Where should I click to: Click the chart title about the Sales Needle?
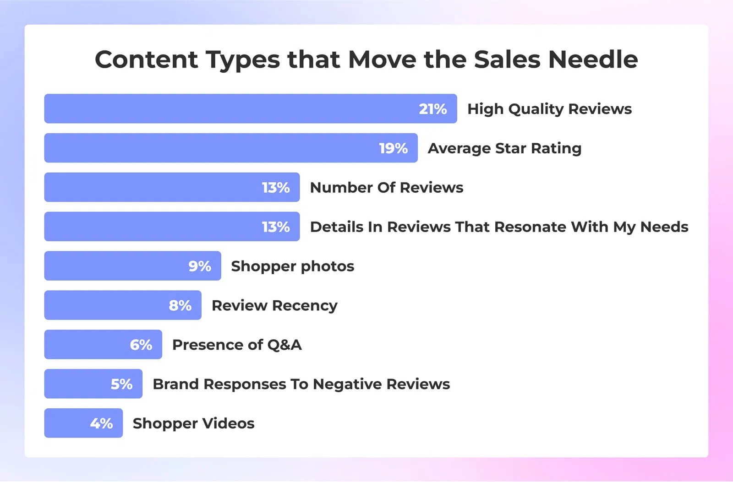click(366, 60)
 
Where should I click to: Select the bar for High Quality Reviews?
click(251, 108)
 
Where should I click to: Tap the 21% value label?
click(432, 109)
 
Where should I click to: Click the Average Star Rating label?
click(504, 148)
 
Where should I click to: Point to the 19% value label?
click(394, 148)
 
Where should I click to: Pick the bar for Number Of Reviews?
click(172, 187)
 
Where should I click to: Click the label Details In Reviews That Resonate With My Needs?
click(499, 227)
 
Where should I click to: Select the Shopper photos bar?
click(132, 266)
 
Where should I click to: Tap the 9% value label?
click(200, 266)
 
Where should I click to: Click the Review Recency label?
click(274, 306)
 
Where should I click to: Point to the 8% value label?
click(180, 305)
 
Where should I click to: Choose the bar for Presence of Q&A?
click(103, 344)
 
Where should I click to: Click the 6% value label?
click(141, 345)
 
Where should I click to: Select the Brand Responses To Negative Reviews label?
click(301, 384)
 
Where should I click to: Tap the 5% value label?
click(121, 384)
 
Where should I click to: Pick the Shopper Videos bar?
click(83, 423)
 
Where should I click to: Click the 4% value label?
click(101, 423)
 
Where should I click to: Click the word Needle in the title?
click(593, 60)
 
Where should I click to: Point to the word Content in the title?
click(146, 60)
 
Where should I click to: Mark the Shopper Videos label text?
click(193, 423)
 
